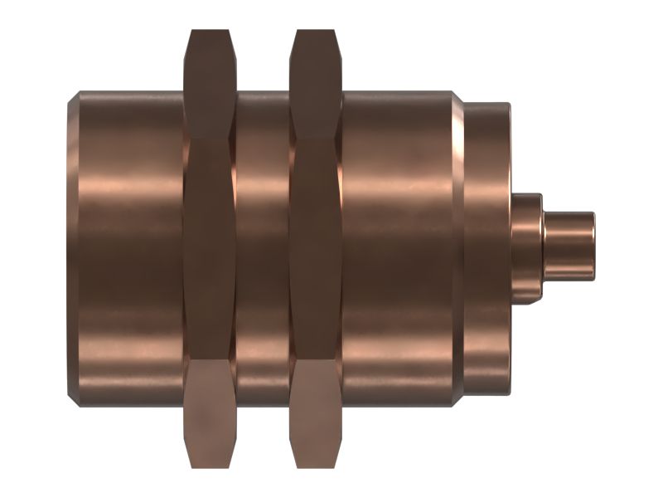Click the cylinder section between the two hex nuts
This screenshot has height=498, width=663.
tap(263, 249)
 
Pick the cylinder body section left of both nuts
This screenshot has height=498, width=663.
tap(128, 249)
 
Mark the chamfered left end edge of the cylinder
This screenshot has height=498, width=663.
tap(72, 249)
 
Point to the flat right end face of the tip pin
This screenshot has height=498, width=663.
tap(593, 244)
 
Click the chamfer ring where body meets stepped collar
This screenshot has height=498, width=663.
tap(457, 249)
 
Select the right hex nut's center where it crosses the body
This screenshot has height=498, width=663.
tap(316, 249)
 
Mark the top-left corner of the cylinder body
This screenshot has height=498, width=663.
tap(80, 92)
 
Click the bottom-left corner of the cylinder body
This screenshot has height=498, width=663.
tap(80, 406)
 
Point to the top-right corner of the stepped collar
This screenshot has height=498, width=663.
tap(509, 105)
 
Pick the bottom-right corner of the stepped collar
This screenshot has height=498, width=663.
tap(509, 392)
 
